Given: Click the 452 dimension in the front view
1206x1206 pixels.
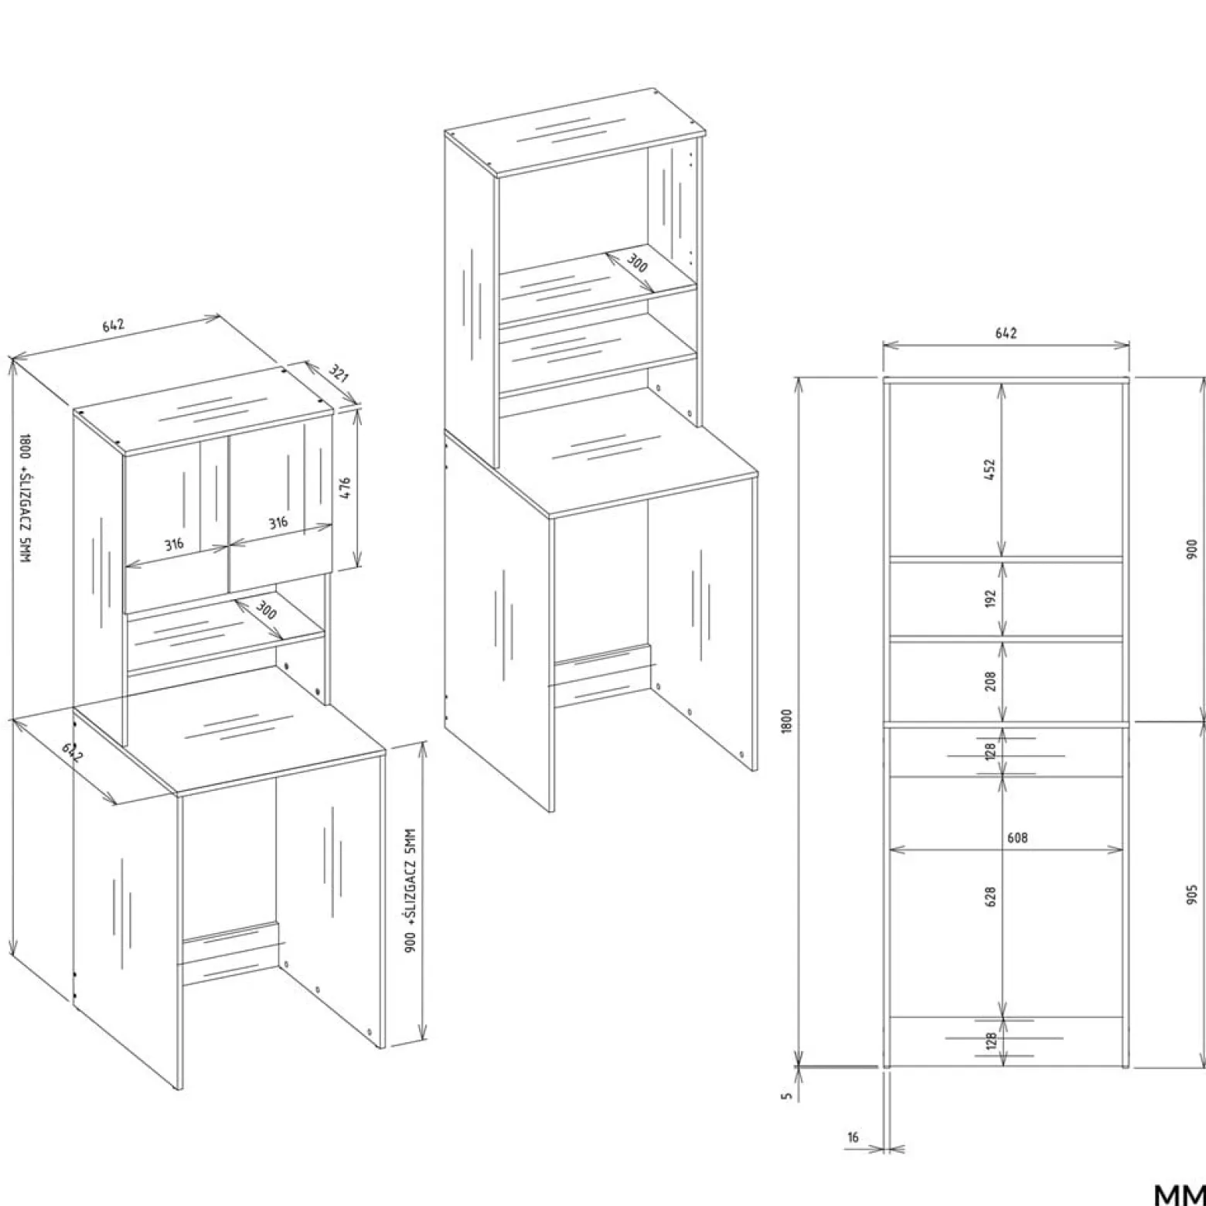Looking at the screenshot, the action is [x=990, y=469].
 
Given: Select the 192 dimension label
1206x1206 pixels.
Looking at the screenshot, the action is [x=990, y=598].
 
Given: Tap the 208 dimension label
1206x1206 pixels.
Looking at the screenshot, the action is [x=990, y=680].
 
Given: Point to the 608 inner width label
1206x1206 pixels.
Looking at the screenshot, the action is [x=1017, y=837].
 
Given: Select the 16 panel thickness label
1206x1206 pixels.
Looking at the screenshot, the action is [x=853, y=1136].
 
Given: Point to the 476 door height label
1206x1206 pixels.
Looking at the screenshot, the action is [x=345, y=489].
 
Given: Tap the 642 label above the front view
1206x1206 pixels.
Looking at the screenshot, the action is [x=1006, y=333].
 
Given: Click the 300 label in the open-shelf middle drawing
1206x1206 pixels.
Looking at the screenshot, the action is [x=636, y=263].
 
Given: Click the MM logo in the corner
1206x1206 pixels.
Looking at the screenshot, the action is [x=1180, y=1194].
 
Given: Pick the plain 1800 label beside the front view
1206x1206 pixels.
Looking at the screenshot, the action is [x=787, y=721].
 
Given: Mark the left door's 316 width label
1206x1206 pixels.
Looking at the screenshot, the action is [x=174, y=543].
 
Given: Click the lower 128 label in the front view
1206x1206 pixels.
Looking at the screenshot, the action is [x=991, y=1041].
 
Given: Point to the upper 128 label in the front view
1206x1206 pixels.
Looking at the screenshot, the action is [x=991, y=751].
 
